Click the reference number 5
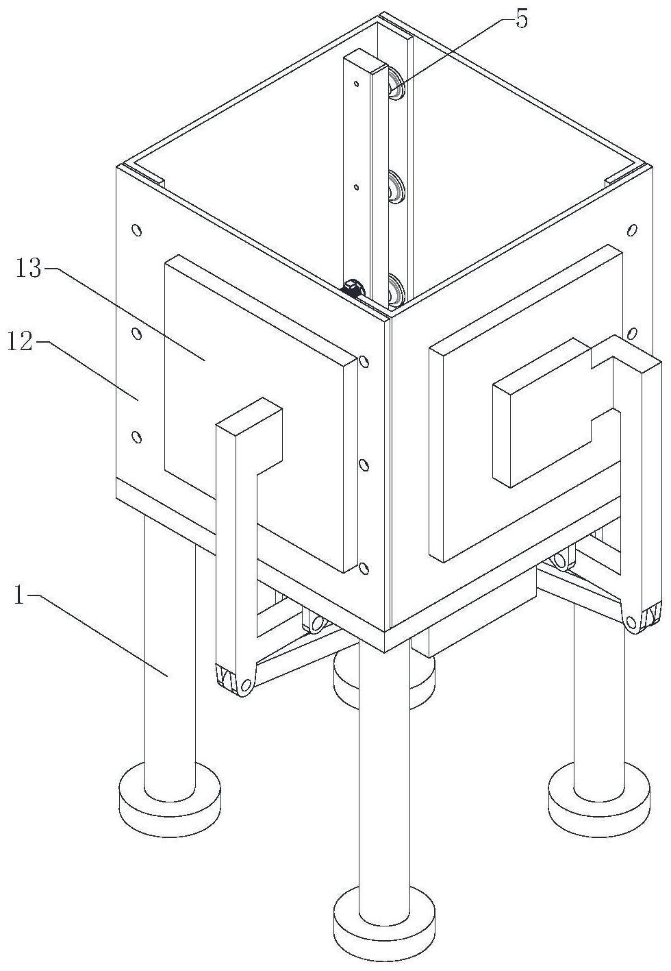(x=521, y=20)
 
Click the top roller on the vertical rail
(x=396, y=83)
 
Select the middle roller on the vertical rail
(x=396, y=186)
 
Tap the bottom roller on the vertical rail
(x=396, y=290)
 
